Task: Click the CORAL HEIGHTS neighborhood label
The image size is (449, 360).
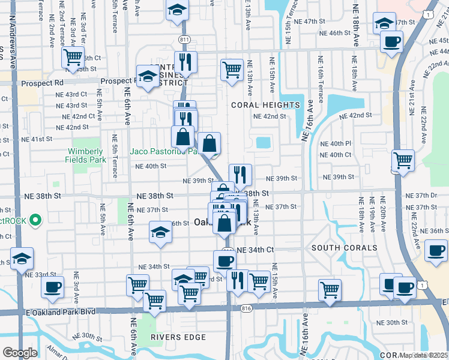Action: tap(265, 105)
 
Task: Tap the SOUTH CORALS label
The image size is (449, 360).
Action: tap(344, 248)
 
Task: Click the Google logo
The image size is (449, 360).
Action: tap(20, 353)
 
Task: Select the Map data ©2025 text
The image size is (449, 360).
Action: tap(424, 355)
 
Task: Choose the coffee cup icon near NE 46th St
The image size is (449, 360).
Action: tap(392, 42)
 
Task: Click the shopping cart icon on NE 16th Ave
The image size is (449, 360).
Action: tap(330, 289)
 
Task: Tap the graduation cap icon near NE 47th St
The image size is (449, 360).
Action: tap(384, 23)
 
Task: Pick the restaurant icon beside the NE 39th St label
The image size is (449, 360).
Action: tap(240, 175)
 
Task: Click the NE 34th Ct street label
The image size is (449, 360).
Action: tap(255, 250)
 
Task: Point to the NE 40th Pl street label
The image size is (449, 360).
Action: tap(335, 144)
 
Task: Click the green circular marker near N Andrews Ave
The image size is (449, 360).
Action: tap(35, 220)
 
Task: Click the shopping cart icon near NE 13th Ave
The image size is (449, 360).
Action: tap(232, 69)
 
